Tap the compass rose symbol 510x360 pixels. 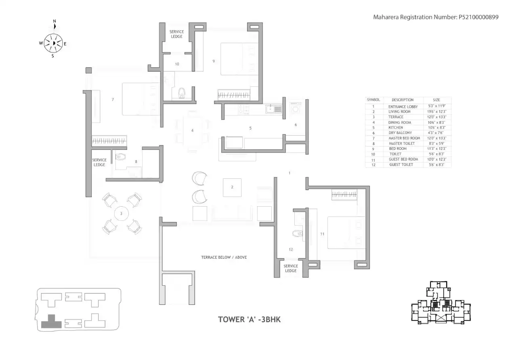(53, 42)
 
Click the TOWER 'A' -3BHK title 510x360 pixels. (249, 320)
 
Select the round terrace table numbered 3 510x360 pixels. (121, 213)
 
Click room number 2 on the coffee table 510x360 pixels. (232, 187)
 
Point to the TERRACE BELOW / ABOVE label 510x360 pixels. (224, 257)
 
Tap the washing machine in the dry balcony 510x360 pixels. (296, 109)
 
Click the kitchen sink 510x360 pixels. (273, 109)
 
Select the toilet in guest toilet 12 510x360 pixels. (297, 233)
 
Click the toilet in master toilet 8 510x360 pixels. (120, 157)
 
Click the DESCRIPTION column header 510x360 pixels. (402, 100)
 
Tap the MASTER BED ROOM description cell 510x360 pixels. (404, 138)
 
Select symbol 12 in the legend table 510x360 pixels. (373, 165)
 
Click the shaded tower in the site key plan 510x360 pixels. (50, 321)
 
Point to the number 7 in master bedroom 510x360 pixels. (113, 99)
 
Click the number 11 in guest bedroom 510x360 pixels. (322, 234)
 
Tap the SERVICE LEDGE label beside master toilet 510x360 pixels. (99, 162)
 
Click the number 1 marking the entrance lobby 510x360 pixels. (290, 173)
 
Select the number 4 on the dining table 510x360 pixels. (192, 130)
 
